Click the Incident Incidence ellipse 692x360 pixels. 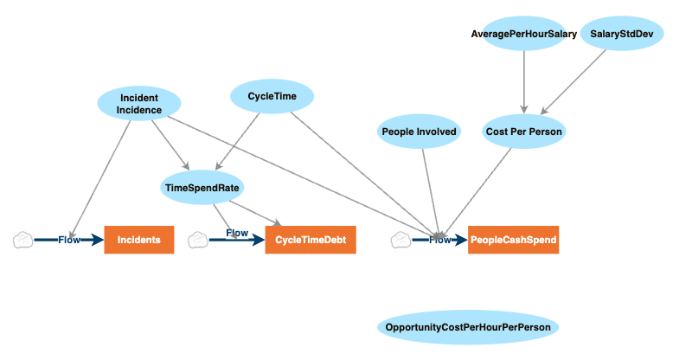[138, 104]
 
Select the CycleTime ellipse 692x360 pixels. [272, 97]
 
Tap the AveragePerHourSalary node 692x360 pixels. [523, 34]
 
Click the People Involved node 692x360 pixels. [418, 132]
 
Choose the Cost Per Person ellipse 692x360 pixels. [524, 132]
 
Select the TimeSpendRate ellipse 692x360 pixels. [202, 186]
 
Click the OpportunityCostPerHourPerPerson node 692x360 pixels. [469, 327]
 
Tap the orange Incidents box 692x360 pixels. [139, 240]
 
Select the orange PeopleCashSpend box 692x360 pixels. [514, 240]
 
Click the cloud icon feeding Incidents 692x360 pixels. [22, 240]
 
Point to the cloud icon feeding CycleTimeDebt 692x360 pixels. [198, 240]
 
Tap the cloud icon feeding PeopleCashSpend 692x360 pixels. [400, 240]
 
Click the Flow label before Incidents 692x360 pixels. [69, 240]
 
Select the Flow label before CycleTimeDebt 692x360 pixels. [237, 234]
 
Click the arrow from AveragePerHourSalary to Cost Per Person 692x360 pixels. [523, 82]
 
